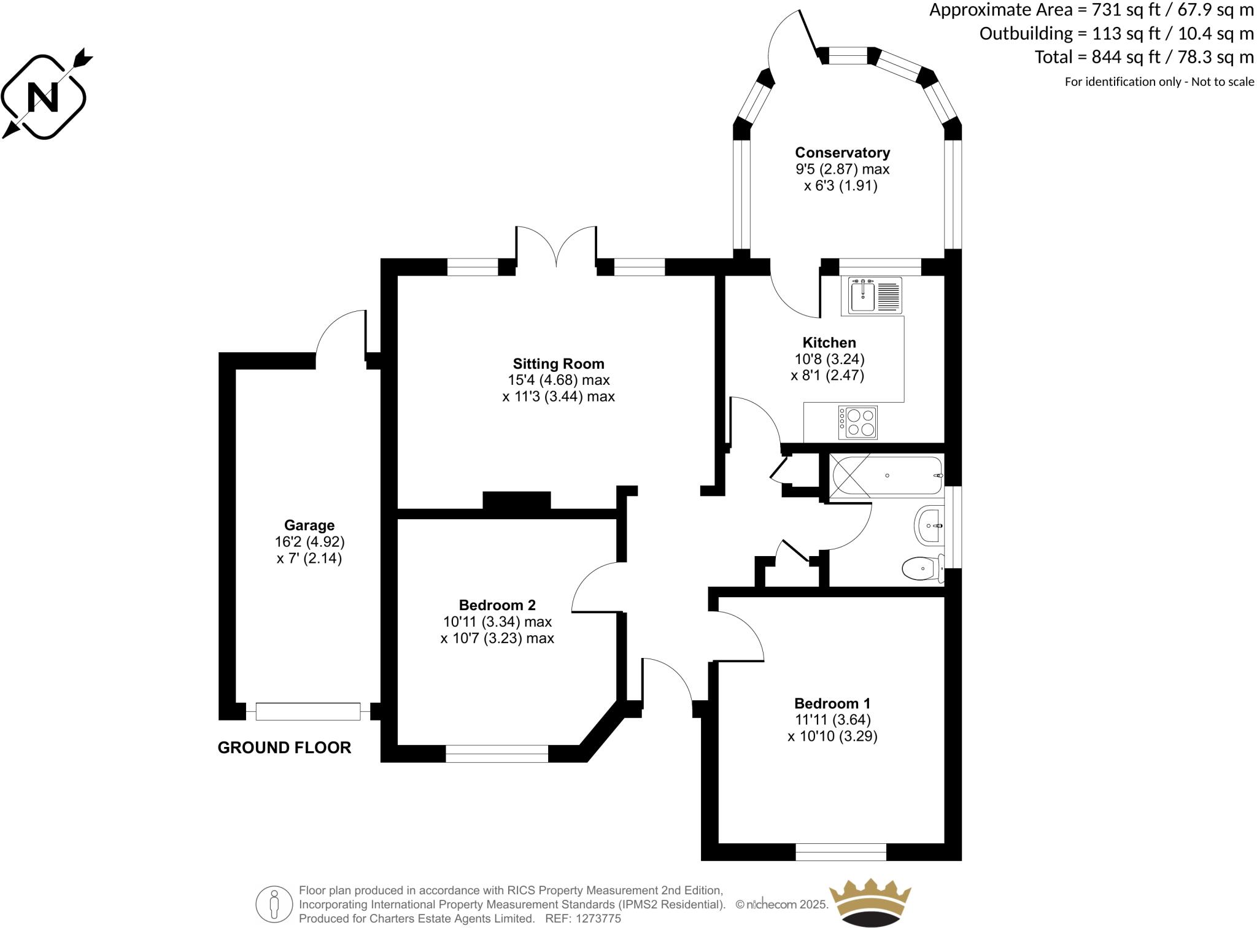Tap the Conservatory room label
842,152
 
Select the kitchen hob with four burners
859,422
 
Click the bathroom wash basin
929,525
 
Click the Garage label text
309,525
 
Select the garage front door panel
308,711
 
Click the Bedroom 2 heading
497,605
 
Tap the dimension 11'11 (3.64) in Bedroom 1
832,719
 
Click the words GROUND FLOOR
284,748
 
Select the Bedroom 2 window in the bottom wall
497,753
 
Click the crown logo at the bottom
870,902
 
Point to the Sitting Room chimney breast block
517,501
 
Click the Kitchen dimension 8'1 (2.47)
827,375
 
